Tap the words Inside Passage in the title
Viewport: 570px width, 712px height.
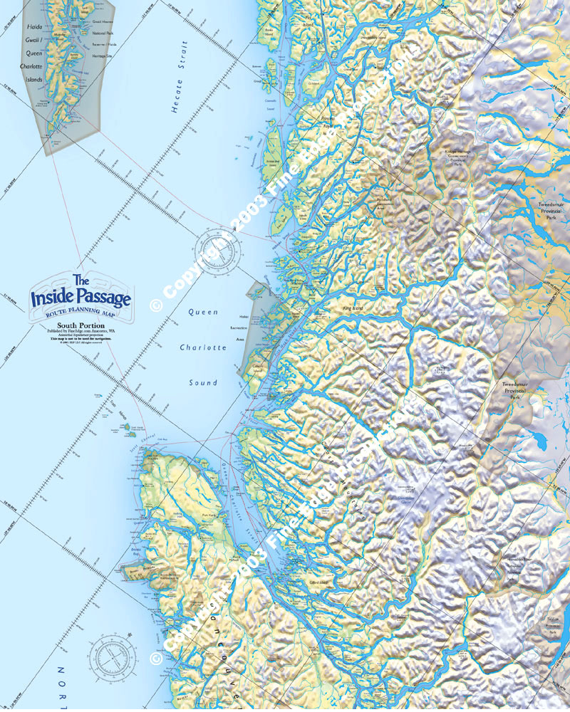click(x=81, y=298)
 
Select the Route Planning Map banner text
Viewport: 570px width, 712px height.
click(x=81, y=313)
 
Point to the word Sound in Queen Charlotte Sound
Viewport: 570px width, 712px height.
click(x=203, y=383)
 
